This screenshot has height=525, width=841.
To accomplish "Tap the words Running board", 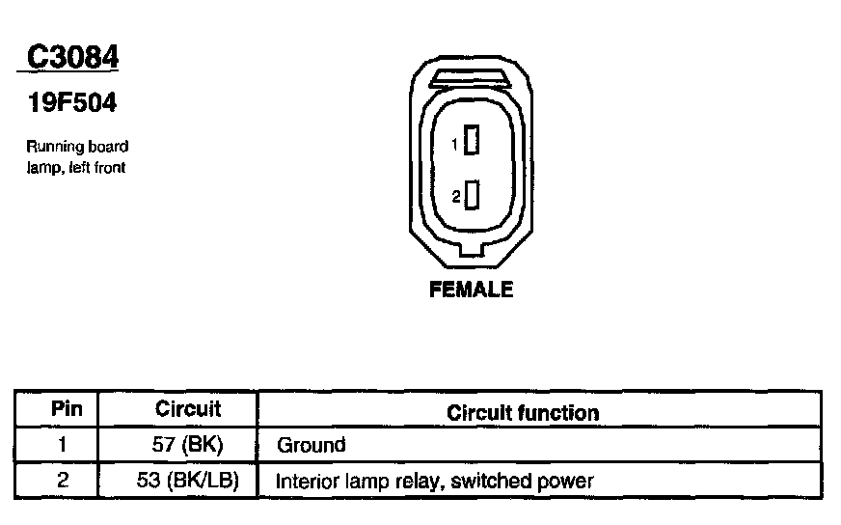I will [x=77, y=147].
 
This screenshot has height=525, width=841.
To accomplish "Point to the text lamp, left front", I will [x=76, y=167].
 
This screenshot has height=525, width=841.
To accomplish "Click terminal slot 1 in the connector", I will [x=472, y=142].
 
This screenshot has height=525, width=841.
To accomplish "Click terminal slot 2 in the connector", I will [x=472, y=196].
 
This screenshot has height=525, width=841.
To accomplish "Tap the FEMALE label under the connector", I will [x=471, y=290].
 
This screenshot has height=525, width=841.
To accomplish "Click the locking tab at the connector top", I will [x=471, y=76].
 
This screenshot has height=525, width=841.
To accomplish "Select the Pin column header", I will [x=67, y=409].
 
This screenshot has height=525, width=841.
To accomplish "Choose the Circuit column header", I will [x=188, y=409].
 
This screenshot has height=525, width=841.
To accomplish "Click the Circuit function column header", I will [x=523, y=413].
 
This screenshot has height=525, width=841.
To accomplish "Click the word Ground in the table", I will [x=312, y=446].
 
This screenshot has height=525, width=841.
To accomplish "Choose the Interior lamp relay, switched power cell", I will [x=435, y=481].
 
